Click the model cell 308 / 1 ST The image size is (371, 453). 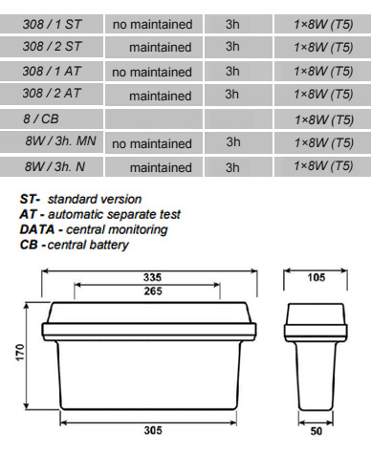click(52, 24)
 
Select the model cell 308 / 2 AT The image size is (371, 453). click(52, 93)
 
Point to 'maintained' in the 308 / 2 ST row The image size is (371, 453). click(161, 47)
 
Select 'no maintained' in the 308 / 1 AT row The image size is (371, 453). click(152, 72)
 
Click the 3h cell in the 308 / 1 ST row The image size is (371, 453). click(232, 24)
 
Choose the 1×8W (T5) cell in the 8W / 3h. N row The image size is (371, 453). click(323, 166)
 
